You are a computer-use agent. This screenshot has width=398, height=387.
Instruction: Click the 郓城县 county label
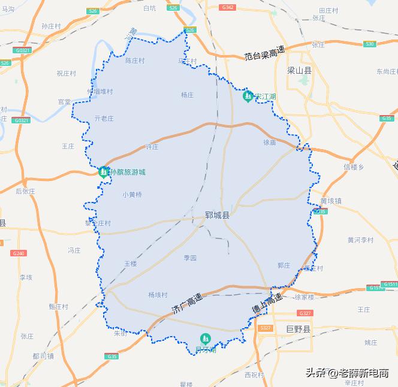[x=217, y=214]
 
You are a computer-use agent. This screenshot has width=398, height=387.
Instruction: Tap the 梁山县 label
[x=300, y=70]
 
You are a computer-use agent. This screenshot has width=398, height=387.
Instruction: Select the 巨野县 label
[x=298, y=329]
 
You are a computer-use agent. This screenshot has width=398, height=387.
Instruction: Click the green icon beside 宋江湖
[x=248, y=96]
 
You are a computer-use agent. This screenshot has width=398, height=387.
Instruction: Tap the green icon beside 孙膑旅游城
[x=104, y=172]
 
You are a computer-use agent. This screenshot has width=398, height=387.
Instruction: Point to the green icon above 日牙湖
[x=205, y=339]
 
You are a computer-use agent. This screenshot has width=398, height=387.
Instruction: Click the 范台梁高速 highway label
[x=264, y=55]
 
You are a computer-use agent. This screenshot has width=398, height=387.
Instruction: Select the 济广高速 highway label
[x=186, y=304]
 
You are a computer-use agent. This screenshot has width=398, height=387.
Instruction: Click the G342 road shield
[x=227, y=7]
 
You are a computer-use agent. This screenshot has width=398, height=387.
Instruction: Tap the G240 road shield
[x=19, y=253]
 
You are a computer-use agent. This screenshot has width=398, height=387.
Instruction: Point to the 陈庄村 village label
[x=135, y=61]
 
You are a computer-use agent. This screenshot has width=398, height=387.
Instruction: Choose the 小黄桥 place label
[x=132, y=194]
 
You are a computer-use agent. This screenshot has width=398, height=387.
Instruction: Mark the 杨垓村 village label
[x=158, y=295]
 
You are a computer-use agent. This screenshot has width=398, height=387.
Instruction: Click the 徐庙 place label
[x=270, y=143]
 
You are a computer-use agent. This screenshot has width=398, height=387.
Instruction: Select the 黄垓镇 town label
[x=331, y=201]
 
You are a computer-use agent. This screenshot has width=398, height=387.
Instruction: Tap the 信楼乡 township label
[x=354, y=167]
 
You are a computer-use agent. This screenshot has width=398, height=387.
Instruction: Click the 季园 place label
[x=190, y=258]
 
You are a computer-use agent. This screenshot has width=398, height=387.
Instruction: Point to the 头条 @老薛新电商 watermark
[x=347, y=372]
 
